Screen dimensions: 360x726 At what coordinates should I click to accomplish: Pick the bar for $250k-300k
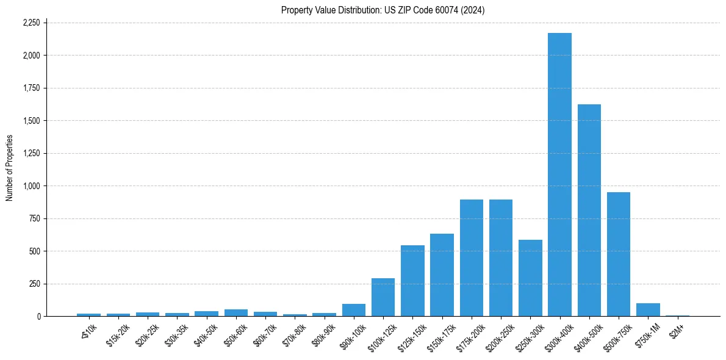530,278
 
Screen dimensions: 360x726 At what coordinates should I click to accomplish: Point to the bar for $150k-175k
442,275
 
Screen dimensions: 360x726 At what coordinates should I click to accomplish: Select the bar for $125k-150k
412,281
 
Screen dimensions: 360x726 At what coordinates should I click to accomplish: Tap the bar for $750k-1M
648,310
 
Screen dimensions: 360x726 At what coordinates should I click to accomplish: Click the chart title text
383,10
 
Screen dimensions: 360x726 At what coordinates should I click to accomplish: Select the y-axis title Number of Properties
9,168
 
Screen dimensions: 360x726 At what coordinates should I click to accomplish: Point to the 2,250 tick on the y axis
31,23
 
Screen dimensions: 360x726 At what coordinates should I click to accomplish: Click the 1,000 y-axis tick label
31,186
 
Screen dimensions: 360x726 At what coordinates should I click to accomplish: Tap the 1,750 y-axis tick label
31,88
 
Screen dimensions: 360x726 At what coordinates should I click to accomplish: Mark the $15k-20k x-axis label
117,334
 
